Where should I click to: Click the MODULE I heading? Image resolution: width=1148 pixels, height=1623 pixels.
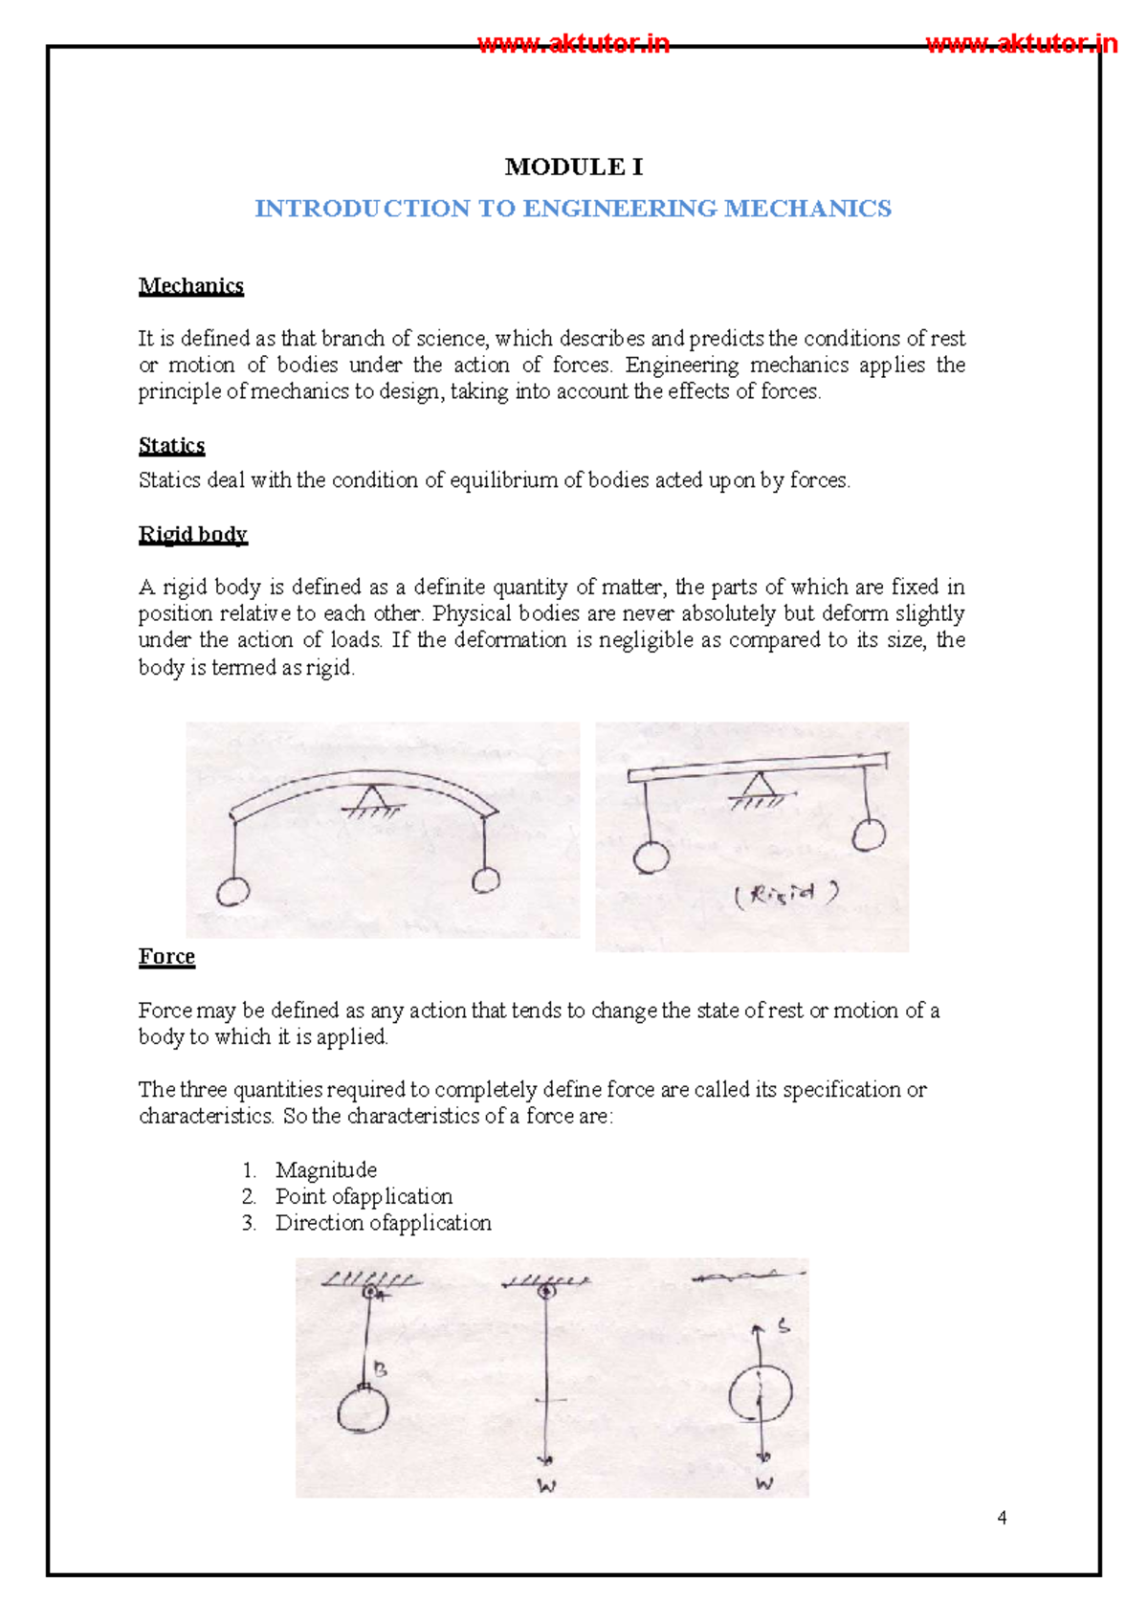[x=573, y=167]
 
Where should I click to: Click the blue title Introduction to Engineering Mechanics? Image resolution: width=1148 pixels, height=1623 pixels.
[x=573, y=209]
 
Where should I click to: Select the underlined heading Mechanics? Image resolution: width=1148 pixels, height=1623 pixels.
[x=191, y=286]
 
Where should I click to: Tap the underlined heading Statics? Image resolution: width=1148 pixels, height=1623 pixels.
[x=171, y=446]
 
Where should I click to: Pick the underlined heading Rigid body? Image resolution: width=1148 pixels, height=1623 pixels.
[x=193, y=534]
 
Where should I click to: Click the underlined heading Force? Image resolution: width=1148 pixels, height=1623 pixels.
[x=166, y=957]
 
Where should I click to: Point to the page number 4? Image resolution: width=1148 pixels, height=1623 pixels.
[x=1002, y=1518]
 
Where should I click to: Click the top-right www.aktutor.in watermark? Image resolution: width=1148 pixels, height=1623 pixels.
[x=1021, y=44]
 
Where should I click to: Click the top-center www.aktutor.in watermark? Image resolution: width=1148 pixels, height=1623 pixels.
[x=573, y=44]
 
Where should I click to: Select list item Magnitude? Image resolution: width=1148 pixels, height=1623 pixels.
[x=325, y=1170]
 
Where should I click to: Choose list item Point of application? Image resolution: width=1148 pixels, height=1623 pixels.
[x=364, y=1196]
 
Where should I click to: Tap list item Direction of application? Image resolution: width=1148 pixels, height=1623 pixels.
[x=383, y=1223]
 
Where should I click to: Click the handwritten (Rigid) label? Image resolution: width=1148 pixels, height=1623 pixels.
[x=786, y=895]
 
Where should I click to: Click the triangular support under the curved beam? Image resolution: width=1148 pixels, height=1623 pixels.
[x=372, y=799]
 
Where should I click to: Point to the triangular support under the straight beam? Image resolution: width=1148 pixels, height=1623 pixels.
[x=760, y=787]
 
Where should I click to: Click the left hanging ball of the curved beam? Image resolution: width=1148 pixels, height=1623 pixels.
[x=232, y=892]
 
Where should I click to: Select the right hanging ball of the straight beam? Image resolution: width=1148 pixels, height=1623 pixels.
[x=869, y=834]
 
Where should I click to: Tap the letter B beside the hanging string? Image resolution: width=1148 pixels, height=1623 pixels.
[x=380, y=1369]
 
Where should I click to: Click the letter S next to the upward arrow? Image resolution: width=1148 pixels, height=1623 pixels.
[x=784, y=1326]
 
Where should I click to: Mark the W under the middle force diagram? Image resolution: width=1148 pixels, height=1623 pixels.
[x=546, y=1486]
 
